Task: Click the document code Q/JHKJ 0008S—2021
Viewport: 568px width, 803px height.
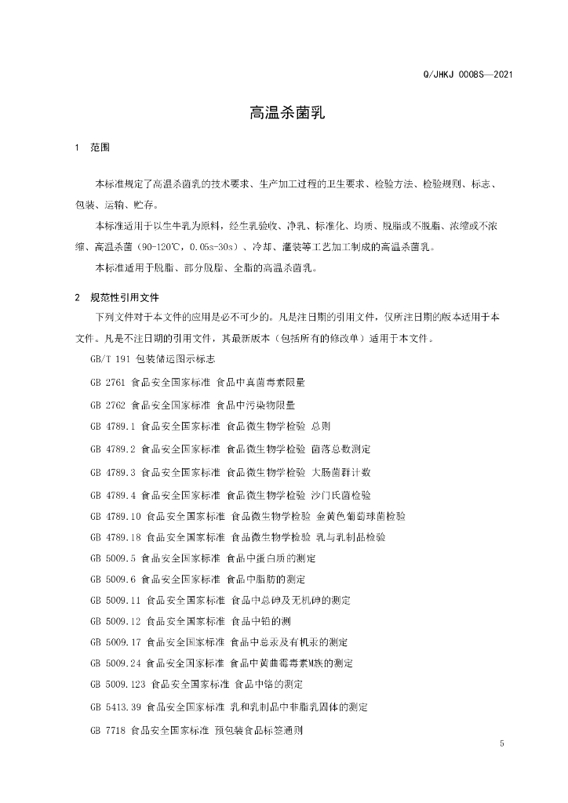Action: (468, 75)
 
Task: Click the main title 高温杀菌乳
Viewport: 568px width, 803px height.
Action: (283, 113)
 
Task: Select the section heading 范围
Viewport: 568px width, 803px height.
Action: (101, 147)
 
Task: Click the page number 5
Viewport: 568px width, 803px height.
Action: (501, 743)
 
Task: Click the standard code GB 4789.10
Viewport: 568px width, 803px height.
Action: (116, 515)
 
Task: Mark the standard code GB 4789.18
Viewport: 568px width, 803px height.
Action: (116, 537)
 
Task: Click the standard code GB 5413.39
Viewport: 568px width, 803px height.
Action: (116, 707)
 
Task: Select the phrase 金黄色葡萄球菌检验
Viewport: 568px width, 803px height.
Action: (362, 515)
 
